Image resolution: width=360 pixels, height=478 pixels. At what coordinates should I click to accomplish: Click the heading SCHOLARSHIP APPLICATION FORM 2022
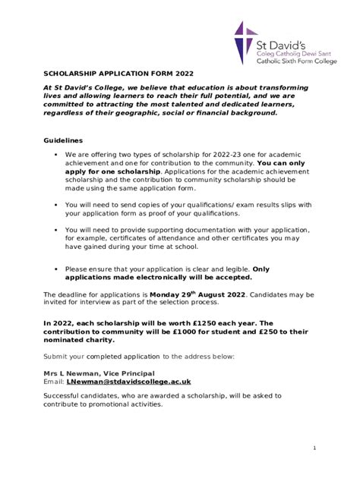(118, 74)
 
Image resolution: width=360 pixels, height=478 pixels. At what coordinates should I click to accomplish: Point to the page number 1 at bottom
(314, 448)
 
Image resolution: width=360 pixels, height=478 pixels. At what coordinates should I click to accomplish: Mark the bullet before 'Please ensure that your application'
(56, 269)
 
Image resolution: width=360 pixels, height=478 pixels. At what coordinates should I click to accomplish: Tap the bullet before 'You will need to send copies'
(56, 205)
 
